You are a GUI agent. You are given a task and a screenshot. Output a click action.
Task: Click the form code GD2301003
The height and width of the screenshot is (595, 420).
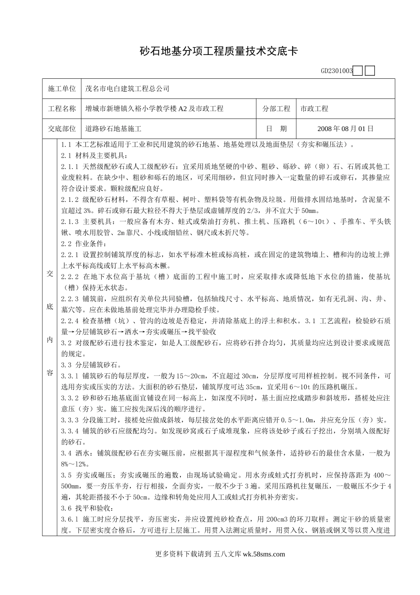point(336,71)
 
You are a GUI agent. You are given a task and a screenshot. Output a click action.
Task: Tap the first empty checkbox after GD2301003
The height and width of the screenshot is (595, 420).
point(359,71)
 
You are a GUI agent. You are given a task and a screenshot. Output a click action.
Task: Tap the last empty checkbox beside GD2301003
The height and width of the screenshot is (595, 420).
point(370,71)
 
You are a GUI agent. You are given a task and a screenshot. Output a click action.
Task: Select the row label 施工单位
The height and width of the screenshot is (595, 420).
point(62,89)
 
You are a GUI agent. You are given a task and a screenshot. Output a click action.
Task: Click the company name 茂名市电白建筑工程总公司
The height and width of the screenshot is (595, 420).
point(127,89)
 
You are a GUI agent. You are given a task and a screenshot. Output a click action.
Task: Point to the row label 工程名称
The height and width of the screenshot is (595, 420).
point(62,108)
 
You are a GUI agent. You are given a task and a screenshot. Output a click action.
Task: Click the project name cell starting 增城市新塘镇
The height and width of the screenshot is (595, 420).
point(154,108)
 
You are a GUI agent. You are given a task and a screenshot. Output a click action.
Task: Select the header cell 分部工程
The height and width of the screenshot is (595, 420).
point(276,108)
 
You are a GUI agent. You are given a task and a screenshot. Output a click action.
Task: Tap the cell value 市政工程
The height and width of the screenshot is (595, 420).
point(314,108)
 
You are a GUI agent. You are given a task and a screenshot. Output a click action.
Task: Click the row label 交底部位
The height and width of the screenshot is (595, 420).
point(62,129)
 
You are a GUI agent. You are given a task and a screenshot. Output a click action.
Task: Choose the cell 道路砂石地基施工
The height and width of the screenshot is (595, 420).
point(113,129)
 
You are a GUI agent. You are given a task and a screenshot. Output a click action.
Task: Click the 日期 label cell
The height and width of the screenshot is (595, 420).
point(276,129)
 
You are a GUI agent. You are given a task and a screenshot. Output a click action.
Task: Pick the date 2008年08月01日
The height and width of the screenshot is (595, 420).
point(346,129)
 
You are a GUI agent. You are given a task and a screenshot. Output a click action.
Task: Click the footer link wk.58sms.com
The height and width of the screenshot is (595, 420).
point(264,553)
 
